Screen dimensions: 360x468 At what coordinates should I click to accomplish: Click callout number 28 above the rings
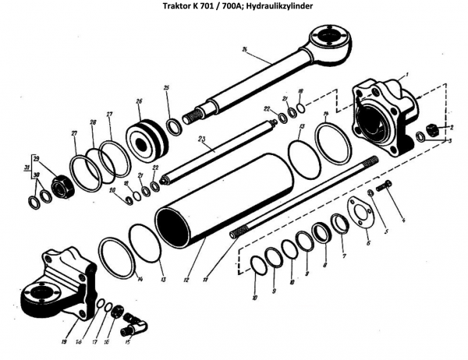(92, 123)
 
